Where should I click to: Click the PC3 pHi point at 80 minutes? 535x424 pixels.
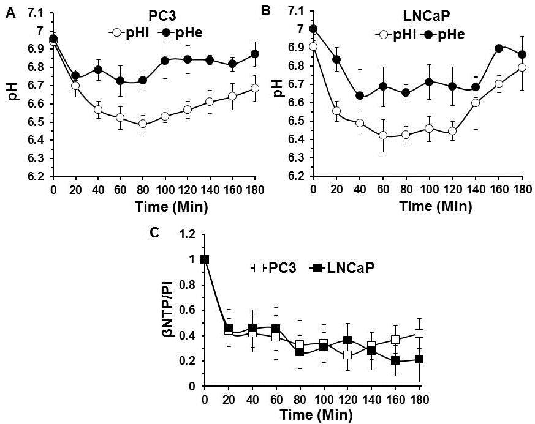pyautogui.click(x=143, y=123)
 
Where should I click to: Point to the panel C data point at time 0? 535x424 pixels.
pyautogui.click(x=205, y=259)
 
